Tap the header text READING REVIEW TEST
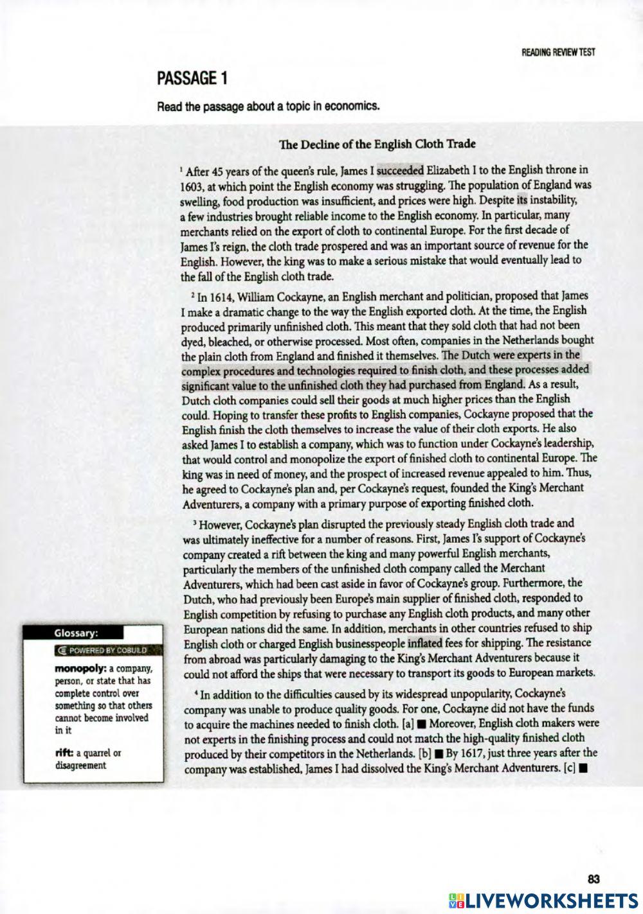558,53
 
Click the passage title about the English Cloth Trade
377,144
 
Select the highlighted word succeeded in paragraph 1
400,171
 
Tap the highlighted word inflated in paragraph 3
424,643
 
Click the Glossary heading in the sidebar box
75,633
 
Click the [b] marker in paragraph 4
425,753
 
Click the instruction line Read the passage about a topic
268,107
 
